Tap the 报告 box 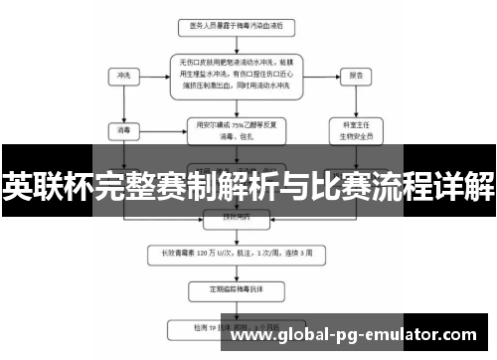tap(353, 75)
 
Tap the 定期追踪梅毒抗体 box tap(239, 290)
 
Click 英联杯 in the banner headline tap(45, 186)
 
